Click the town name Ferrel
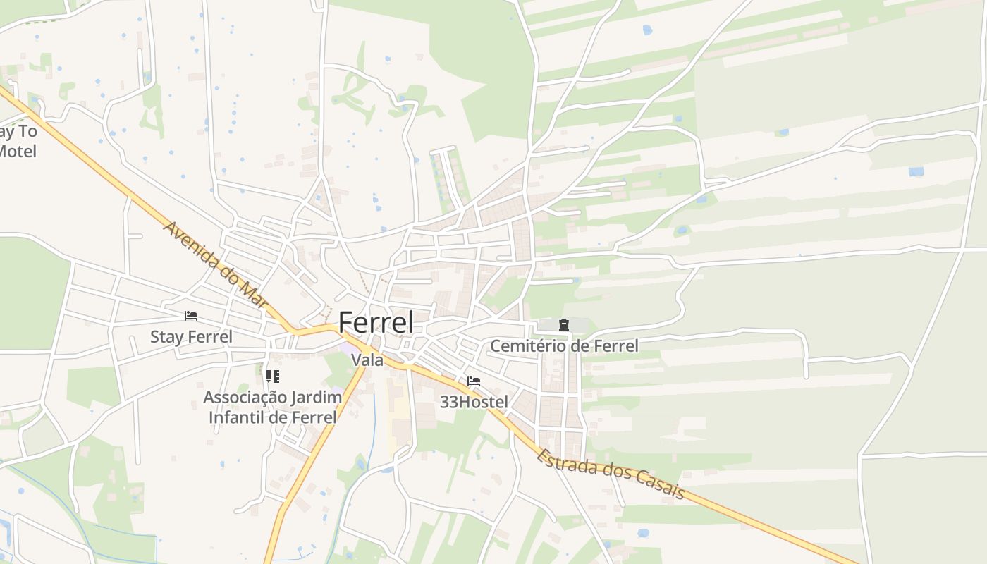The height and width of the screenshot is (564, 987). (x=376, y=322)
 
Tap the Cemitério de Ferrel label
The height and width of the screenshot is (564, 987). (x=564, y=345)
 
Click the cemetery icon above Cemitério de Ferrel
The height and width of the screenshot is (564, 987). (x=563, y=325)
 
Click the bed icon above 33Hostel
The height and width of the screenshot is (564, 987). (x=474, y=381)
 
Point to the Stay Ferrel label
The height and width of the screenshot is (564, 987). (x=191, y=336)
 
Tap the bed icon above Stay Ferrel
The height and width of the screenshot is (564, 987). (x=191, y=316)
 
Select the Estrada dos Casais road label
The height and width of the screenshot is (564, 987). (x=611, y=474)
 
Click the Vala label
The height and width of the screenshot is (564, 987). (x=367, y=360)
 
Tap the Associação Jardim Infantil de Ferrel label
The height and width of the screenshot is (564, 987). (x=273, y=407)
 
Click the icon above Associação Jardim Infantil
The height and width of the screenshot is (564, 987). (x=273, y=376)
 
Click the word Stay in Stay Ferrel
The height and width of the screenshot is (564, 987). (x=166, y=336)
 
